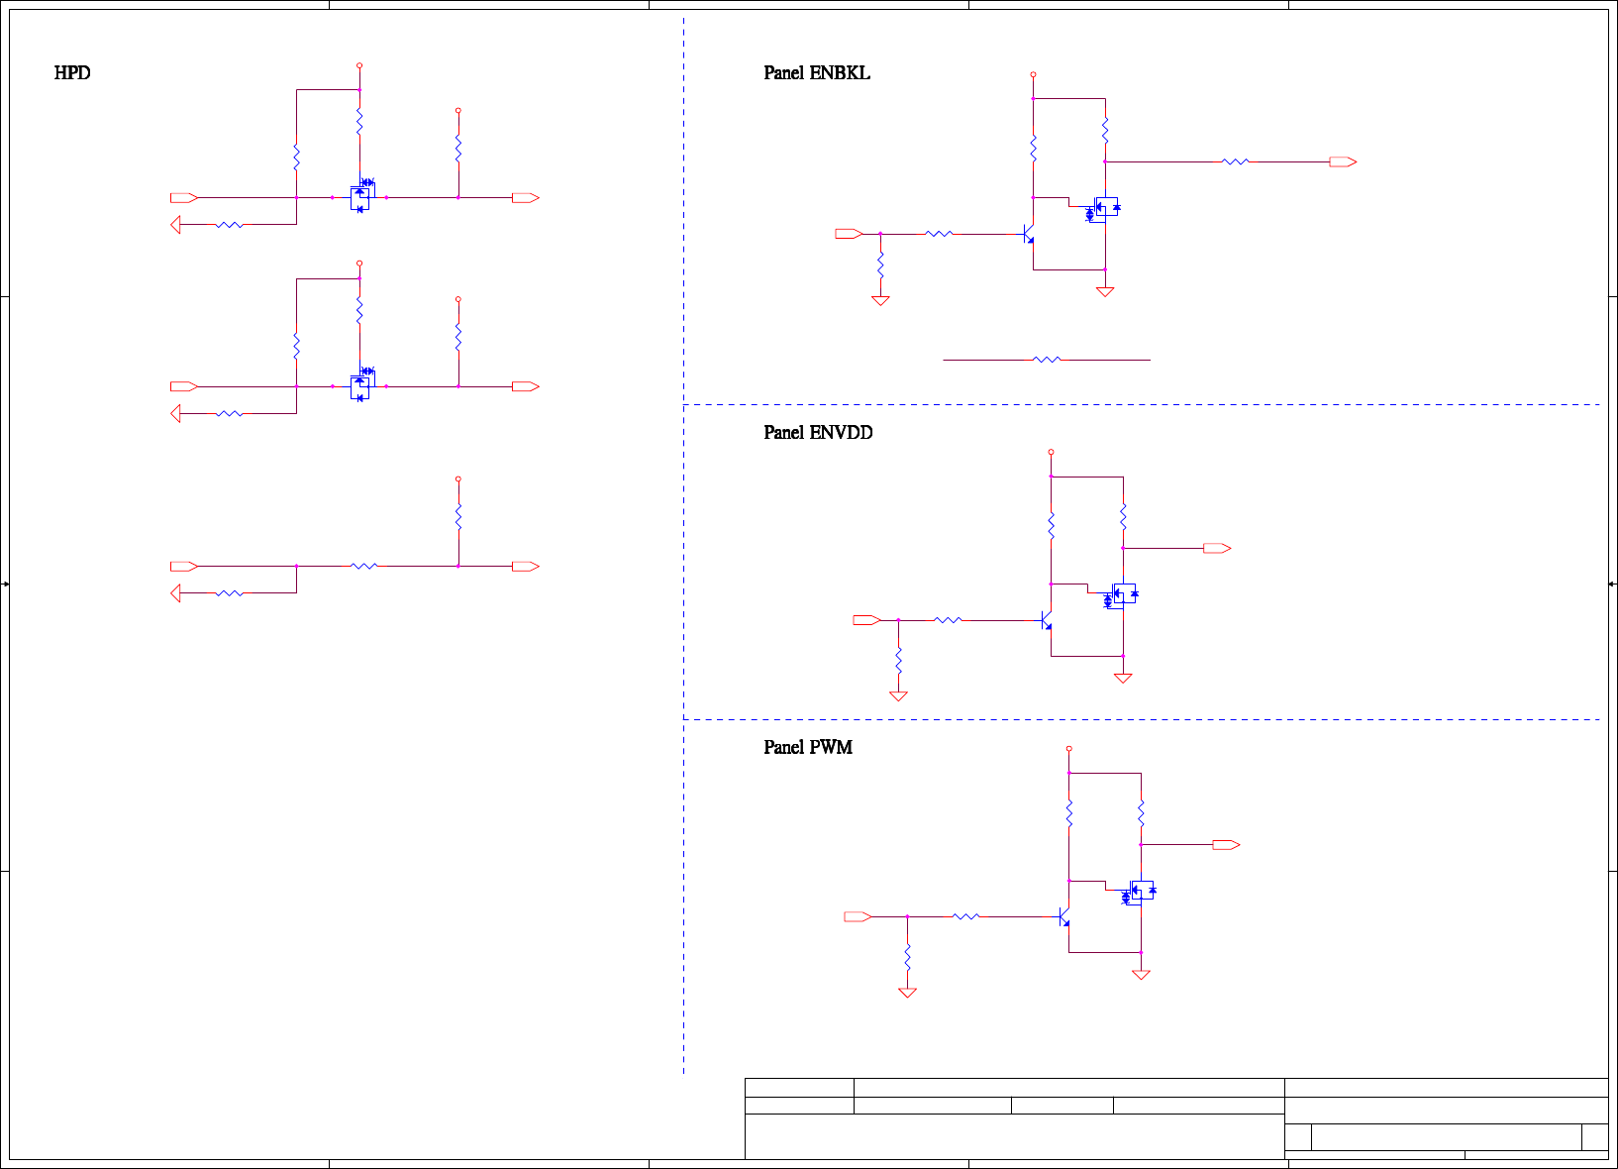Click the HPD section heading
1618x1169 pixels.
click(72, 73)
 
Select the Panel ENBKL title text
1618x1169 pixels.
click(817, 73)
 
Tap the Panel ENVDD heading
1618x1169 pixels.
click(818, 433)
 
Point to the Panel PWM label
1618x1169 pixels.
click(808, 748)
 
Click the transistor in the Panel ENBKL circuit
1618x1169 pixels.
click(1029, 235)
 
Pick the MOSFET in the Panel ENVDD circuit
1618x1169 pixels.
click(1121, 595)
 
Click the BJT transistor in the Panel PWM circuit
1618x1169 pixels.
click(1064, 917)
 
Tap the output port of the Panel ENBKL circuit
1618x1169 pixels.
click(1343, 161)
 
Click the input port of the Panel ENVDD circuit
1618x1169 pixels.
click(866, 620)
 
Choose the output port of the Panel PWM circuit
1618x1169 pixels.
click(1226, 845)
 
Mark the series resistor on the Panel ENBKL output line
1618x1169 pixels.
click(1235, 161)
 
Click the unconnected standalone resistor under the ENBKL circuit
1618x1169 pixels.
click(1047, 360)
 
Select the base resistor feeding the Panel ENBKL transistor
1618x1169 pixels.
click(939, 234)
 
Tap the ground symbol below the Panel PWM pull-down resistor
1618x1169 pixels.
click(907, 993)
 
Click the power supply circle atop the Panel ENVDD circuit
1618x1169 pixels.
click(1051, 452)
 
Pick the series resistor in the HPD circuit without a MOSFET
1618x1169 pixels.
click(364, 566)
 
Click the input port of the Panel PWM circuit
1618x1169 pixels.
click(858, 917)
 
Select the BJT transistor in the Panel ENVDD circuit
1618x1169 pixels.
click(1047, 621)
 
